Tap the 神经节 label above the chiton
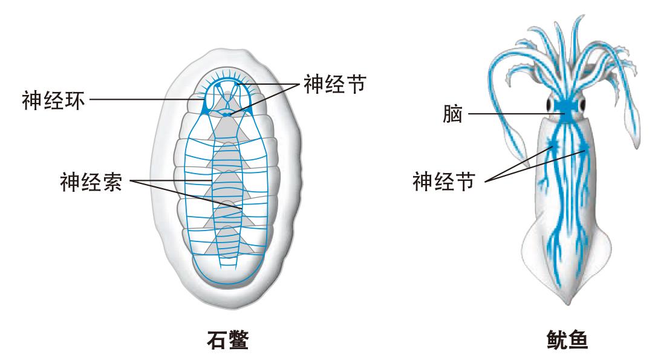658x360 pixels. point(334,84)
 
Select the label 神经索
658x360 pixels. point(91,181)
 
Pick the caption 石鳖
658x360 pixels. point(224,340)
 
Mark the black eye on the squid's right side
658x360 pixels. point(582,106)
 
